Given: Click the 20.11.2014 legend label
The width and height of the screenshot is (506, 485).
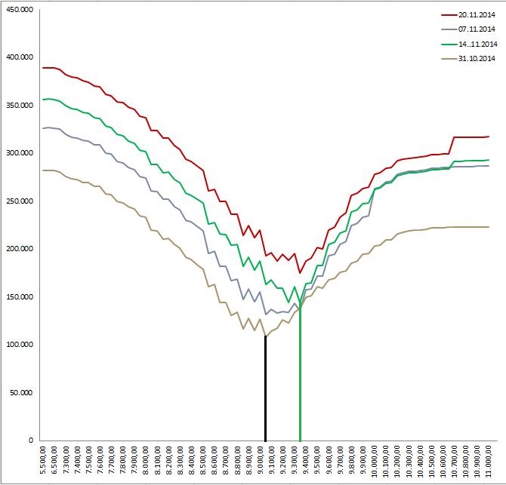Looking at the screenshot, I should coord(478,15).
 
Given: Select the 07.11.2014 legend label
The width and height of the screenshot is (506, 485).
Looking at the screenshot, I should coord(478,29).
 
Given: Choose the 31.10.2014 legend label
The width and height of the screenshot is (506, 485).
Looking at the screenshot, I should coord(478,58).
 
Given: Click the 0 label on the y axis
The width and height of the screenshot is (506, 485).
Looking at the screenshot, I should coord(32,440).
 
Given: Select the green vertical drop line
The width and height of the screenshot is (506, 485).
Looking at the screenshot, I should coord(300,377).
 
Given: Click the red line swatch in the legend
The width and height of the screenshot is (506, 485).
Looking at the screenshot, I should coord(450,15).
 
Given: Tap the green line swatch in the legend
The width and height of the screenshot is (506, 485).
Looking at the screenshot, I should coord(450,44).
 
